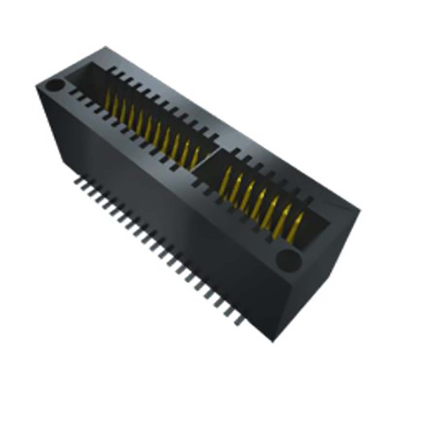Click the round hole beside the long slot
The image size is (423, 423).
click(x=55, y=85)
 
